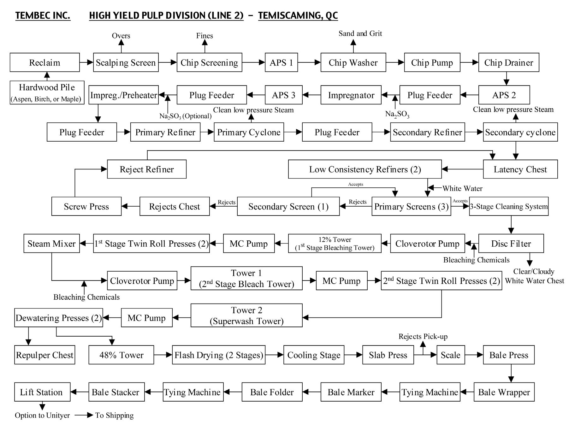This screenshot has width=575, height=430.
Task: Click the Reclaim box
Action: point(44,62)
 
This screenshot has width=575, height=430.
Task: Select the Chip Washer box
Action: point(353,62)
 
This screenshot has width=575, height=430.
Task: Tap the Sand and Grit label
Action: point(360,33)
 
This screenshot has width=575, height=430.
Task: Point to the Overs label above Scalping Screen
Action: point(121,36)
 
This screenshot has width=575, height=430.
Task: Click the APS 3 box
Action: point(283,95)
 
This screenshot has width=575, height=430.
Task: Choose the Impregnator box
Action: point(351,95)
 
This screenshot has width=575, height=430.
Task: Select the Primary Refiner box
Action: point(165,132)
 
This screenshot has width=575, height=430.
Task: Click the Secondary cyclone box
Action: point(520,132)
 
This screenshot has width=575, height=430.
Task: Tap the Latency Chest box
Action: point(520,169)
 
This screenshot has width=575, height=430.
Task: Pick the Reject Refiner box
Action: point(146,169)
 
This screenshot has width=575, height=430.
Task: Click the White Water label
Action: point(462,189)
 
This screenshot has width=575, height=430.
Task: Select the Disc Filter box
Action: point(511,244)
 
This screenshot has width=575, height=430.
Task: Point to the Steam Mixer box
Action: point(51,244)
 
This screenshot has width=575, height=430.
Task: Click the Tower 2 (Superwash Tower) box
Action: point(246,315)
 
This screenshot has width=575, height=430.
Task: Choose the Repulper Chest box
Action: point(44,355)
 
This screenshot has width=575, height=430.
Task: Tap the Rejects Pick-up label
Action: point(423,337)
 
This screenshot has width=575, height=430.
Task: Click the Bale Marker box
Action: point(351,392)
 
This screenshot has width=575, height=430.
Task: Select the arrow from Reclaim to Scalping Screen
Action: point(86,62)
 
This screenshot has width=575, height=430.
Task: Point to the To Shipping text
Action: point(114,415)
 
